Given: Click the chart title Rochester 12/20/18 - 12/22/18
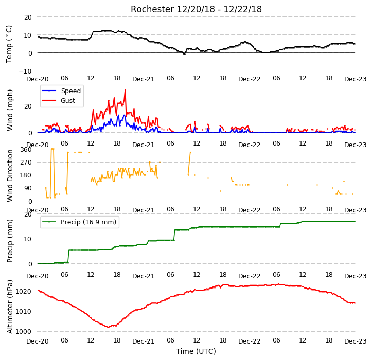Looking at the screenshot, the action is coord(196,9).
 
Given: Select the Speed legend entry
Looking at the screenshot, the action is coord(61,91).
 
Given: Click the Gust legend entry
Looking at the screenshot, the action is coord(59,101).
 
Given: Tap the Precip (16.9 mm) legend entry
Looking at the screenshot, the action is coord(79,222).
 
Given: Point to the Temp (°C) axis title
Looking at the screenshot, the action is coord(9,44).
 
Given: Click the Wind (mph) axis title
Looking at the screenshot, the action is coord(10,110).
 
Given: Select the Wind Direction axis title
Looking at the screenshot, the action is coord(10,176).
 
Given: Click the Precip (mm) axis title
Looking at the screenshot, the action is coord(10,241).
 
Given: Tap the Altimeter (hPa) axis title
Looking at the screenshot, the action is coord(10,307).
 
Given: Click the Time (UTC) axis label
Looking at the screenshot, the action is coord(196,351).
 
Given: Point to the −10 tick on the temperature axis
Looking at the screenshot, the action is coord(25,71).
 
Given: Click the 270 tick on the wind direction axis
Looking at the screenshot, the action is coord(26,163).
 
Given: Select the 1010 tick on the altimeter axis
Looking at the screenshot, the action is coord(23,311).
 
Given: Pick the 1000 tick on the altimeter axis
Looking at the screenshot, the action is coord(23,332).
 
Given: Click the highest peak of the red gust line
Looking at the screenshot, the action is coord(125,90).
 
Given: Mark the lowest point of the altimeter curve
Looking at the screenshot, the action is coord(109,327).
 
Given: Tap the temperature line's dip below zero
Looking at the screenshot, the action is coord(184,54).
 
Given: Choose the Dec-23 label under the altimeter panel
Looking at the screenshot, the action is coord(355,341).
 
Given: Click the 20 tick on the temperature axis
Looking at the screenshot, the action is coord(28,17).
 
